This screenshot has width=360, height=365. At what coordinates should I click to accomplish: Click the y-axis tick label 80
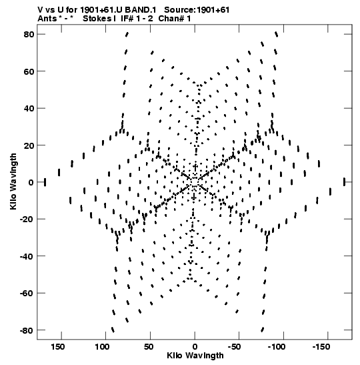29,35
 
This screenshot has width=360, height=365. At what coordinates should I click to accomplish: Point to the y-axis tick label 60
29,71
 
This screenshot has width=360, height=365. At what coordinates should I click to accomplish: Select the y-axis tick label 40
29,109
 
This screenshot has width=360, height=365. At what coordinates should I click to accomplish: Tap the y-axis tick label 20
29,145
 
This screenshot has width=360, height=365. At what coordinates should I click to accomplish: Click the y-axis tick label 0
31,182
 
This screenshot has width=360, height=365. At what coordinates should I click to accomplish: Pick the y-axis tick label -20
27,220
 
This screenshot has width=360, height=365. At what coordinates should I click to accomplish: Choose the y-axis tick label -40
27,256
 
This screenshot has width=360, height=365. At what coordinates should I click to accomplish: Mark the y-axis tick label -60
27,294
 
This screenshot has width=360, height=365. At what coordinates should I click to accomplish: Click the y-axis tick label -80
27,330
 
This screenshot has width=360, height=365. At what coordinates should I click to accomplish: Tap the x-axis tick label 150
58,347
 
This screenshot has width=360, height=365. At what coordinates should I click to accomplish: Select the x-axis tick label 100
102,347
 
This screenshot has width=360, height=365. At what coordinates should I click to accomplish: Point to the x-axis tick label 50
149,347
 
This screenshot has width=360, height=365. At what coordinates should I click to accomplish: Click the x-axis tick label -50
234,347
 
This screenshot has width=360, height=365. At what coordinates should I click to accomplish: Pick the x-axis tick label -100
276,347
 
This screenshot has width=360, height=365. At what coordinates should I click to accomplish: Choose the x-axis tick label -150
321,347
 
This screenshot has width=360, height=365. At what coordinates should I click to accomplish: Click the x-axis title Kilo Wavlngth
195,356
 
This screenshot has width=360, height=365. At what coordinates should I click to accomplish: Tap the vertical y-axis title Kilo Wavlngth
13,181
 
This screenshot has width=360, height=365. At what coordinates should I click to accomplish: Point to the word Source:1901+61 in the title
197,10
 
